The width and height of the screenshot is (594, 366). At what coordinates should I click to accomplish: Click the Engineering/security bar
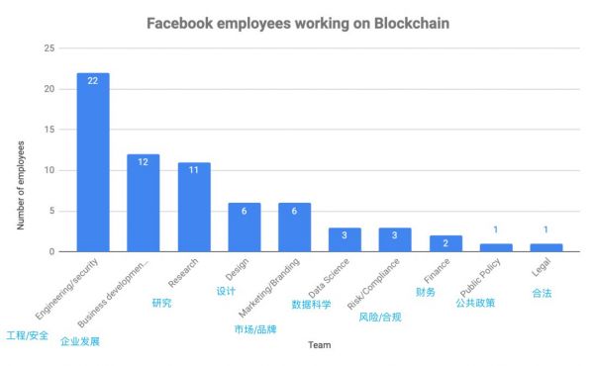tap(92, 162)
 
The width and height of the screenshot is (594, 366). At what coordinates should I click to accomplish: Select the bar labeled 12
tap(143, 203)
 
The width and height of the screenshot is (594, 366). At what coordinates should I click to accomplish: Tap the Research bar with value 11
tap(194, 207)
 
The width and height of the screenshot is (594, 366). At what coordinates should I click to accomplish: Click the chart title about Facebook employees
tap(296, 22)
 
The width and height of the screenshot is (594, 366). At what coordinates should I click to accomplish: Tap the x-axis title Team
tap(319, 345)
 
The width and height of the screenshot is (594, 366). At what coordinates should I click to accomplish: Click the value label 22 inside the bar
tap(92, 80)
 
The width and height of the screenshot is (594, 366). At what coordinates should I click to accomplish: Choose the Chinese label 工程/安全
tap(27, 334)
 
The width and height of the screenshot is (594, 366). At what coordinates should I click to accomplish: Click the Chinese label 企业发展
tap(79, 341)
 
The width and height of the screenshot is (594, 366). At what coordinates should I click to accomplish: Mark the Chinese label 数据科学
tap(311, 305)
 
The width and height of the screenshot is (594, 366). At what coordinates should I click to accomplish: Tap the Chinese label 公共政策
tap(475, 303)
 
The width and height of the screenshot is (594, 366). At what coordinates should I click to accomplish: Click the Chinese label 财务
tap(426, 293)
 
